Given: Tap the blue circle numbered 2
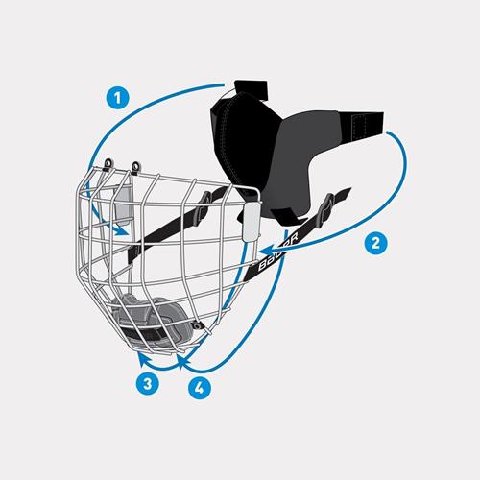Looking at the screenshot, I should pos(377,242).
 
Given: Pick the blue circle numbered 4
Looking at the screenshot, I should pos(197,391).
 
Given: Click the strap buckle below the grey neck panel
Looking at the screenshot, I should pos(329,204).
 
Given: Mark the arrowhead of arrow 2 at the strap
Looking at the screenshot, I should pos(263,252).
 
